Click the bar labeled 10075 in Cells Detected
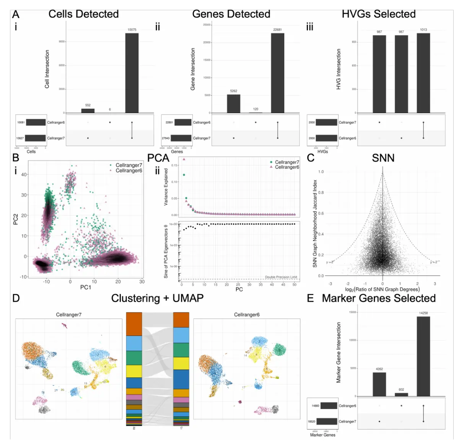(x=132, y=73)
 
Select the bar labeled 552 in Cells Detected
(x=88, y=111)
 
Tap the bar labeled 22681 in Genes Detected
(x=278, y=73)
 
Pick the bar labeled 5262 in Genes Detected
(x=234, y=104)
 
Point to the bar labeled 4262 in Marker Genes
(x=379, y=384)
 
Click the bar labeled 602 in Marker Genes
(x=401, y=395)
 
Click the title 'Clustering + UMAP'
(x=157, y=298)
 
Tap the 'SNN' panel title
(x=383, y=158)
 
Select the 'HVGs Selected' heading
(x=379, y=14)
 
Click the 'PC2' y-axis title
(x=16, y=219)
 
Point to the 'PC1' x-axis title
(x=86, y=287)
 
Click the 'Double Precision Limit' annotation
(x=281, y=277)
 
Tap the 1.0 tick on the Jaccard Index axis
(x=321, y=172)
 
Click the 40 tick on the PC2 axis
(x=24, y=175)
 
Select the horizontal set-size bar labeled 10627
(x=35, y=138)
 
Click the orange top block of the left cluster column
(x=134, y=324)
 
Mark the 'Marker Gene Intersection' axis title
(x=339, y=352)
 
